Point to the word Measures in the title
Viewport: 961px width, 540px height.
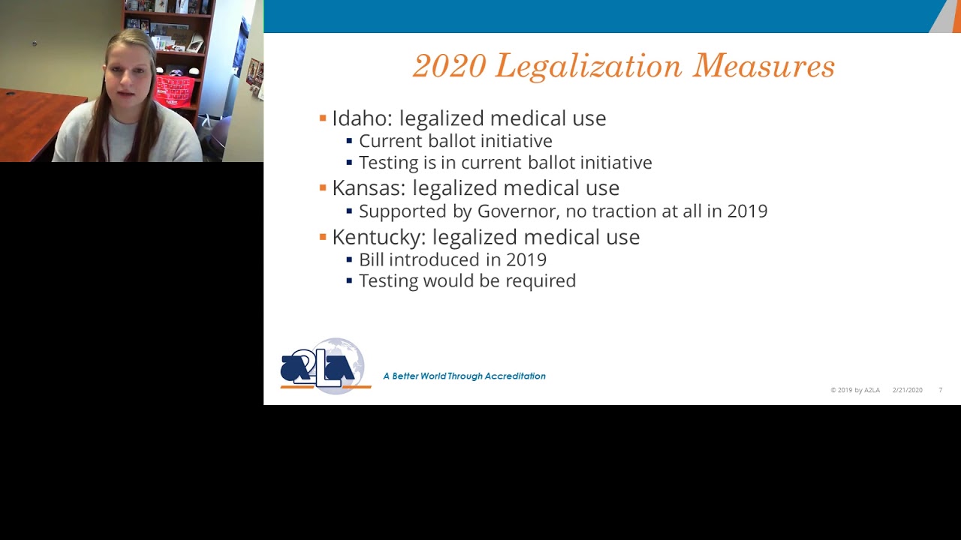(764, 67)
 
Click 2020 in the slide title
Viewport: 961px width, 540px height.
(449, 67)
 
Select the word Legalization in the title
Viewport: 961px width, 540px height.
(589, 67)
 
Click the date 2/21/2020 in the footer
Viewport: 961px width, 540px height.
(907, 390)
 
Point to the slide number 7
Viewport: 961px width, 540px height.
(940, 390)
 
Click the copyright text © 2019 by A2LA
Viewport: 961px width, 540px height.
(855, 390)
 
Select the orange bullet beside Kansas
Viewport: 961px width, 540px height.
(323, 187)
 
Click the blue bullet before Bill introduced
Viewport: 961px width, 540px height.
(349, 259)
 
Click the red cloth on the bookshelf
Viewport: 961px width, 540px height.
(175, 90)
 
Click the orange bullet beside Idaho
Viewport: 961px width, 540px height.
(323, 118)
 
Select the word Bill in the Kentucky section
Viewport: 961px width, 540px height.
(371, 259)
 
